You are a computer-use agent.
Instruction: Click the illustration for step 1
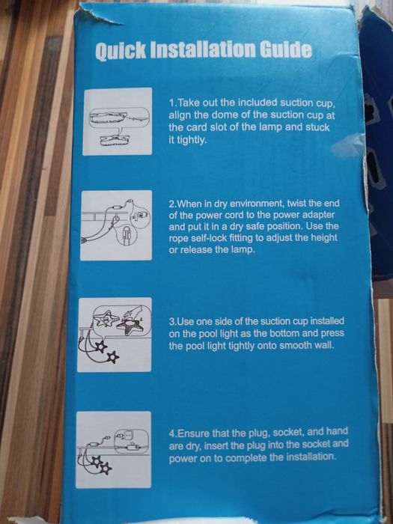[118, 121]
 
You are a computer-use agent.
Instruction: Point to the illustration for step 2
[116, 225]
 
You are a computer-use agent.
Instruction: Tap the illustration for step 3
[115, 335]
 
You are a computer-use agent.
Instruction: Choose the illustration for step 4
[113, 449]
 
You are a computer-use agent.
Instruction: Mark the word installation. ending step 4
[311, 456]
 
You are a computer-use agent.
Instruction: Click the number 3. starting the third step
[172, 322]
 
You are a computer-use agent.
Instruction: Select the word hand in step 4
[337, 431]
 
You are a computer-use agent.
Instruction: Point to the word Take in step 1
[187, 103]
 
